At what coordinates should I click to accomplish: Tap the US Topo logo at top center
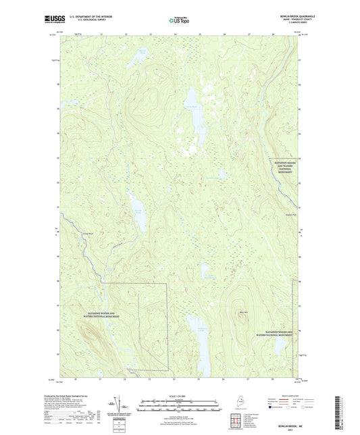[178, 20]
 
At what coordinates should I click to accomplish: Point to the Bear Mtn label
[243, 312]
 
